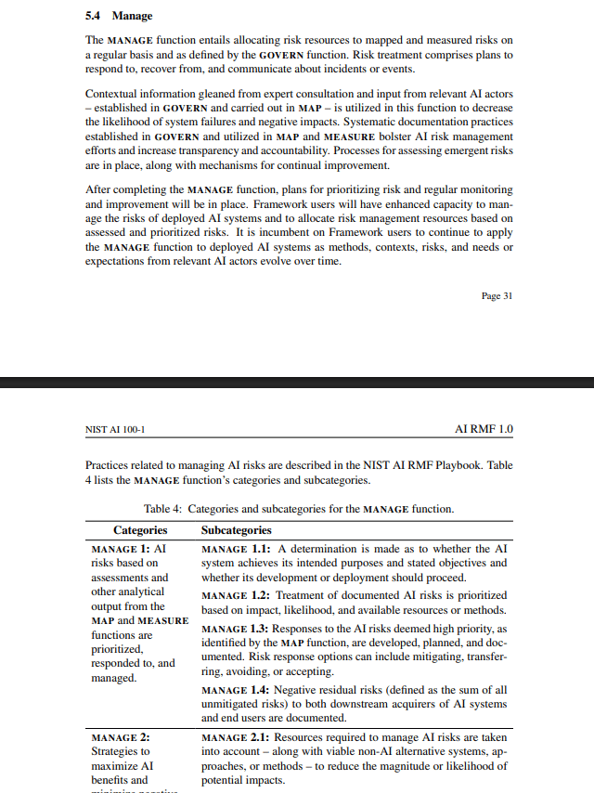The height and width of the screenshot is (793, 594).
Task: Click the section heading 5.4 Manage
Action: (x=119, y=16)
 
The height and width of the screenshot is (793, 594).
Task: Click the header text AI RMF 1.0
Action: (x=484, y=430)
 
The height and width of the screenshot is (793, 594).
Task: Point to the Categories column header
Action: (x=140, y=530)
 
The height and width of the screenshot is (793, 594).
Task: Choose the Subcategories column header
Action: (x=237, y=530)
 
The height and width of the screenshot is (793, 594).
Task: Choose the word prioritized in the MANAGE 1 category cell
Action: (x=116, y=649)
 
